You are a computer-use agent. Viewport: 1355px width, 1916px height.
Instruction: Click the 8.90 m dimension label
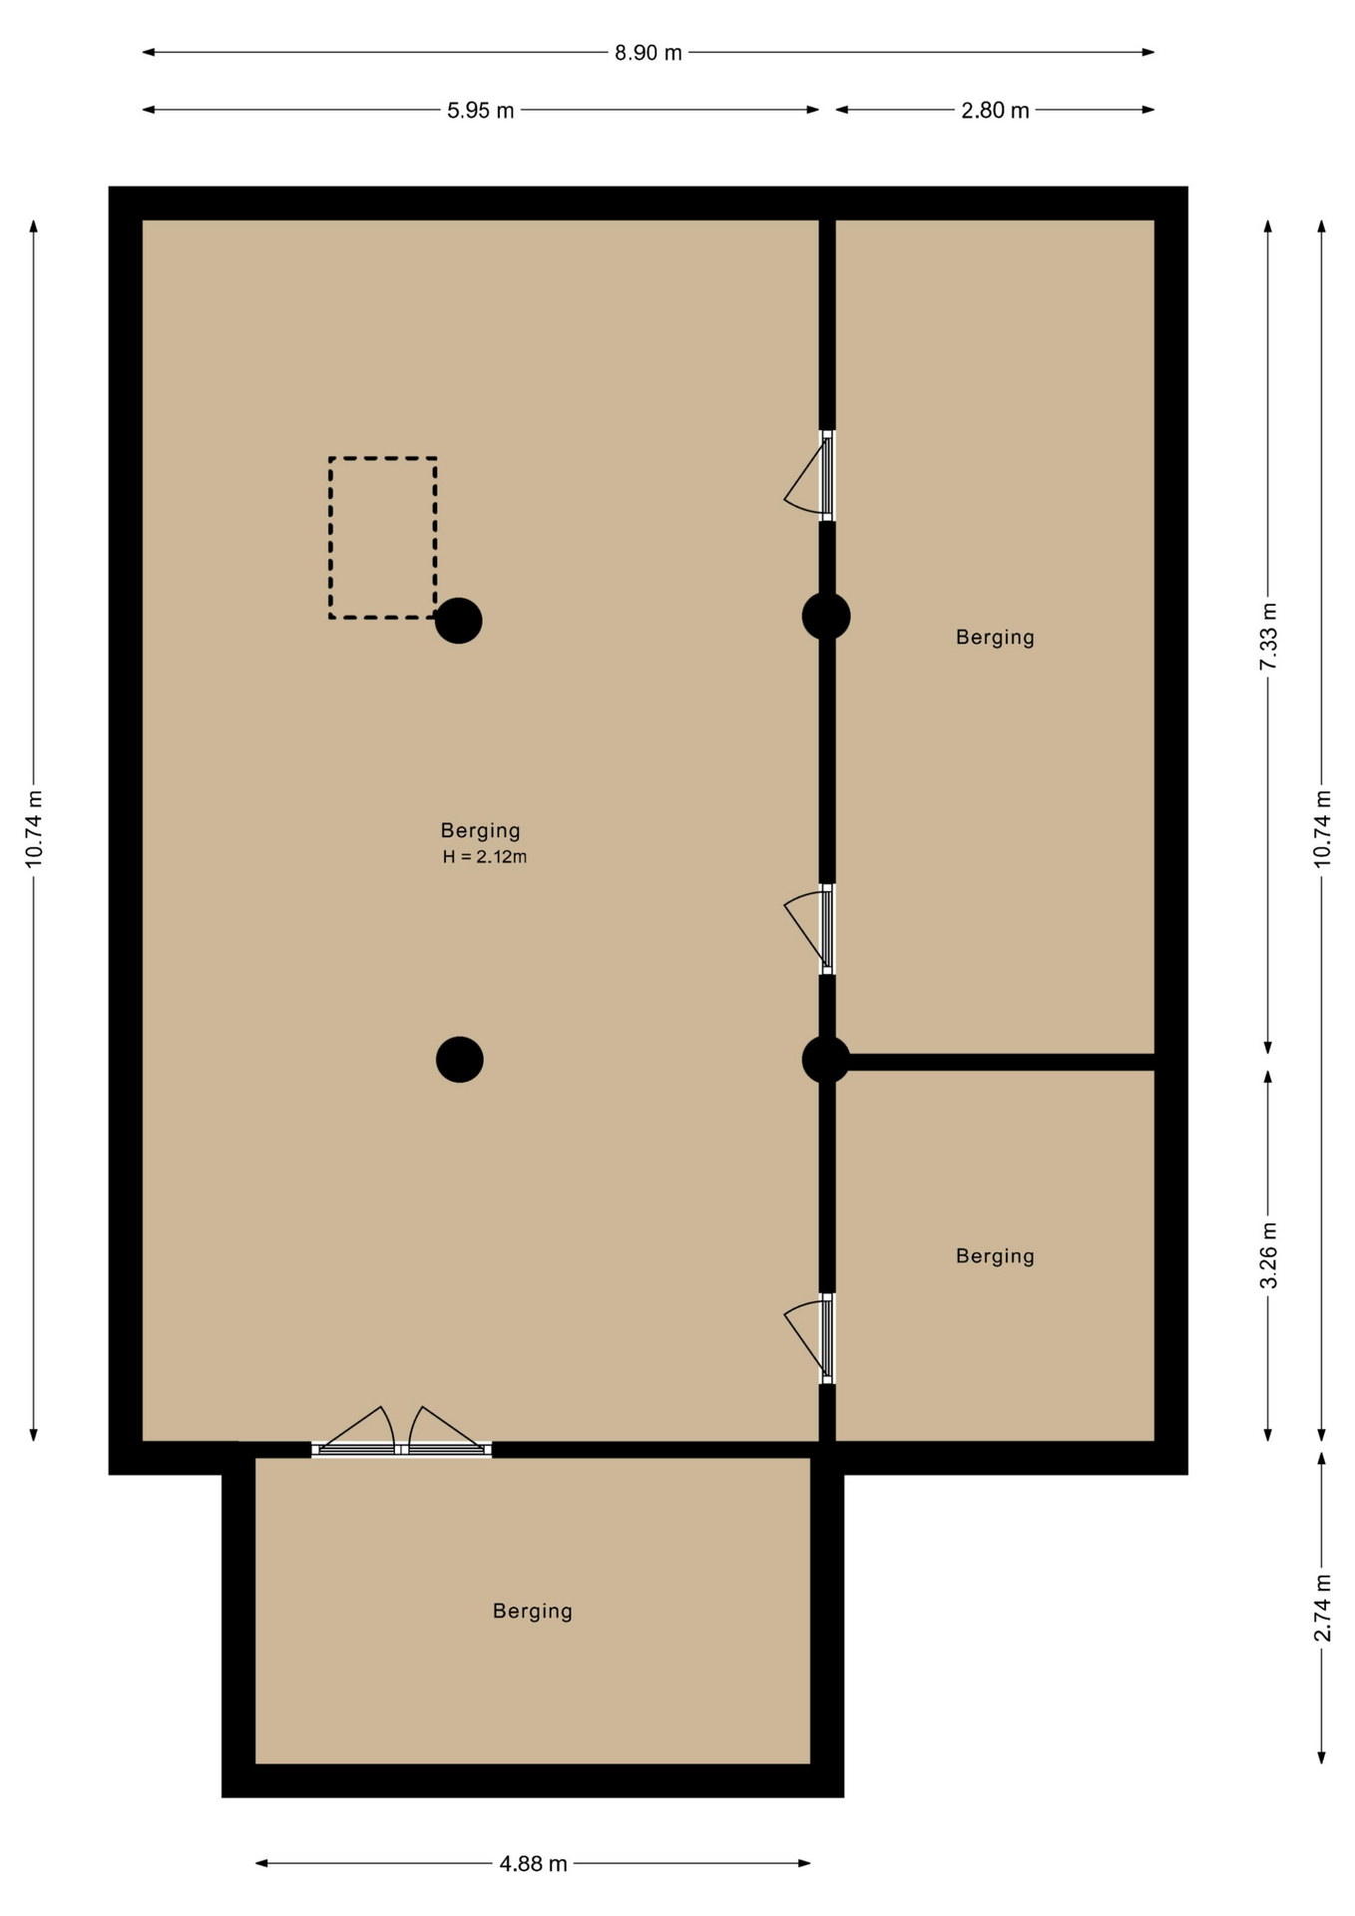pos(648,53)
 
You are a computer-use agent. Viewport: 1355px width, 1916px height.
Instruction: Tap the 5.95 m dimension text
pos(480,111)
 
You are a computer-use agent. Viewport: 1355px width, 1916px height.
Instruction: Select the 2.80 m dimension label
pos(995,111)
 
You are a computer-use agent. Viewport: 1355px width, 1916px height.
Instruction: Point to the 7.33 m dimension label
pos(1268,637)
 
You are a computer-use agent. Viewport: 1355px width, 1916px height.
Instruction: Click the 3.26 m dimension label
pos(1268,1255)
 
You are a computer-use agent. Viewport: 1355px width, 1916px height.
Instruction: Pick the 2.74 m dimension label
pos(1322,1608)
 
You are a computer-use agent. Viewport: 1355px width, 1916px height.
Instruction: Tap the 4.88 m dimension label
pos(533,1863)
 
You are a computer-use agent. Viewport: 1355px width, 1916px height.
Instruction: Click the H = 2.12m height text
pos(485,856)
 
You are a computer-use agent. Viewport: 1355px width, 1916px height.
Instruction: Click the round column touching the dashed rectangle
pos(459,621)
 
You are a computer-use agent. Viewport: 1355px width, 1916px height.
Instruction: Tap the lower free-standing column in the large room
pos(460,1059)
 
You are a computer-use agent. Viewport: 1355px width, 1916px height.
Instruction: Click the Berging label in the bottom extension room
pos(533,1611)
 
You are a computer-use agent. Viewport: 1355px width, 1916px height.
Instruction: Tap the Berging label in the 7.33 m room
pos(995,637)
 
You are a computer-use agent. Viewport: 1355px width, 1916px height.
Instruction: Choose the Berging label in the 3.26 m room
pos(995,1255)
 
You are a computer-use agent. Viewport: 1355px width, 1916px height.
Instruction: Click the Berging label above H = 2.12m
pos(481,830)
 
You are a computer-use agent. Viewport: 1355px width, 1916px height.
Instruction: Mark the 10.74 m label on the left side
pos(34,829)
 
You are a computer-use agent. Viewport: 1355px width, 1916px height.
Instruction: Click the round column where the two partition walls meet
pos(826,1059)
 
